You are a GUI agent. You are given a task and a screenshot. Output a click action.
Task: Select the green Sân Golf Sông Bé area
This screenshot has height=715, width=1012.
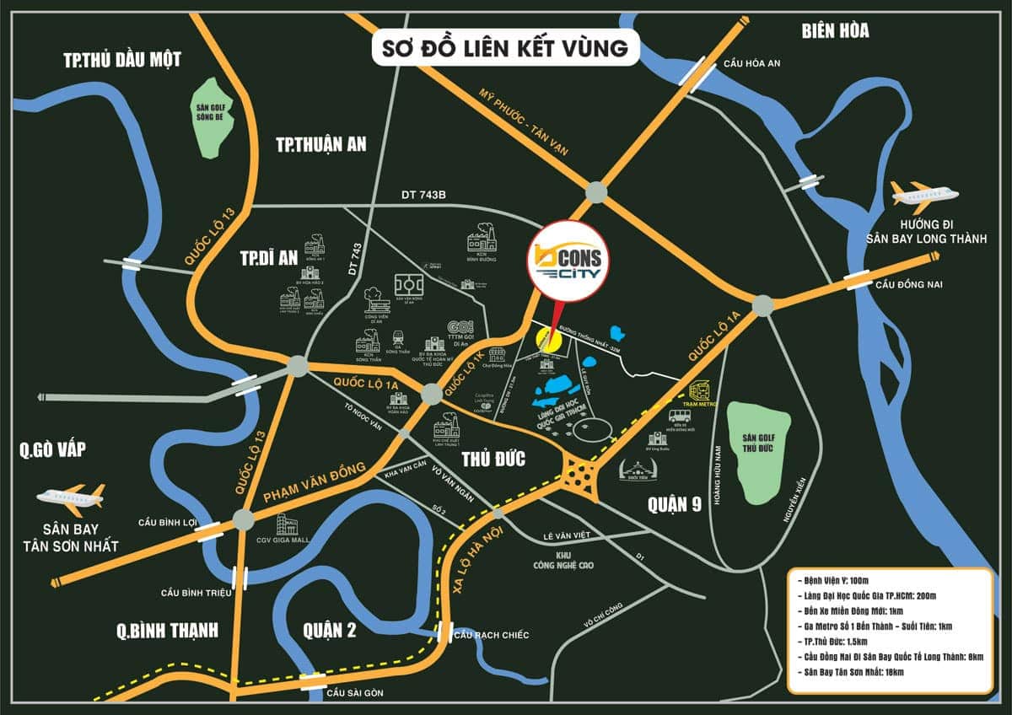[x=217, y=118]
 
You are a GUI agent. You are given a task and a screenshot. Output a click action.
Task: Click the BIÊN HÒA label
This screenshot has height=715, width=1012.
[x=835, y=31]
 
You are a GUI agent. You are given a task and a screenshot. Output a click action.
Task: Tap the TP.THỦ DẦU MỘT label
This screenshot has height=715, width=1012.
[x=122, y=59]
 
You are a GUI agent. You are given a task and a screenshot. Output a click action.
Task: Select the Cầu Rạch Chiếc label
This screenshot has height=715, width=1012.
[x=491, y=634]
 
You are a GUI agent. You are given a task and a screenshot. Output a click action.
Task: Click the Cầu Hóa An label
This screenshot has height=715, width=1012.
[x=754, y=64]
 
